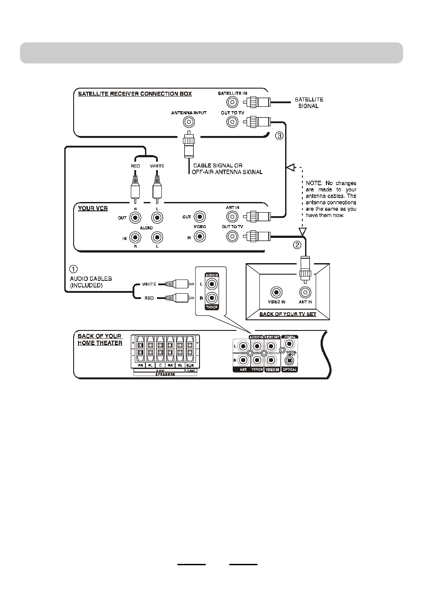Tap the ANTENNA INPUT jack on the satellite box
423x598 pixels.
[x=189, y=122]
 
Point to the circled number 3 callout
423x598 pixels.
[x=279, y=136]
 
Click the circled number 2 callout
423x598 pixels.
[x=297, y=245]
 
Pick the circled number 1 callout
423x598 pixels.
[x=74, y=269]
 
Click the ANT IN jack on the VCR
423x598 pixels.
[x=232, y=217]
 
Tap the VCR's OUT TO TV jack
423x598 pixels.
[x=232, y=236]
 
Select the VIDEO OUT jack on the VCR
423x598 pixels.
[x=200, y=217]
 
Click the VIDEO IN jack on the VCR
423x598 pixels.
[x=200, y=237]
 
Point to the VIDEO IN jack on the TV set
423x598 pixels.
[x=277, y=292]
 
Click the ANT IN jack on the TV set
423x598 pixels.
[x=305, y=292]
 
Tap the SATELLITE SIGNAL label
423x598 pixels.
[x=309, y=103]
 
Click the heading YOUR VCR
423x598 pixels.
[x=93, y=208]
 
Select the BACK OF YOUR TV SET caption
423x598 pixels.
[x=287, y=314]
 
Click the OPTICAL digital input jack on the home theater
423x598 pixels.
[x=290, y=361]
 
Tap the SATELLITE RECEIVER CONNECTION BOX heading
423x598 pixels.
[x=135, y=94]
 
